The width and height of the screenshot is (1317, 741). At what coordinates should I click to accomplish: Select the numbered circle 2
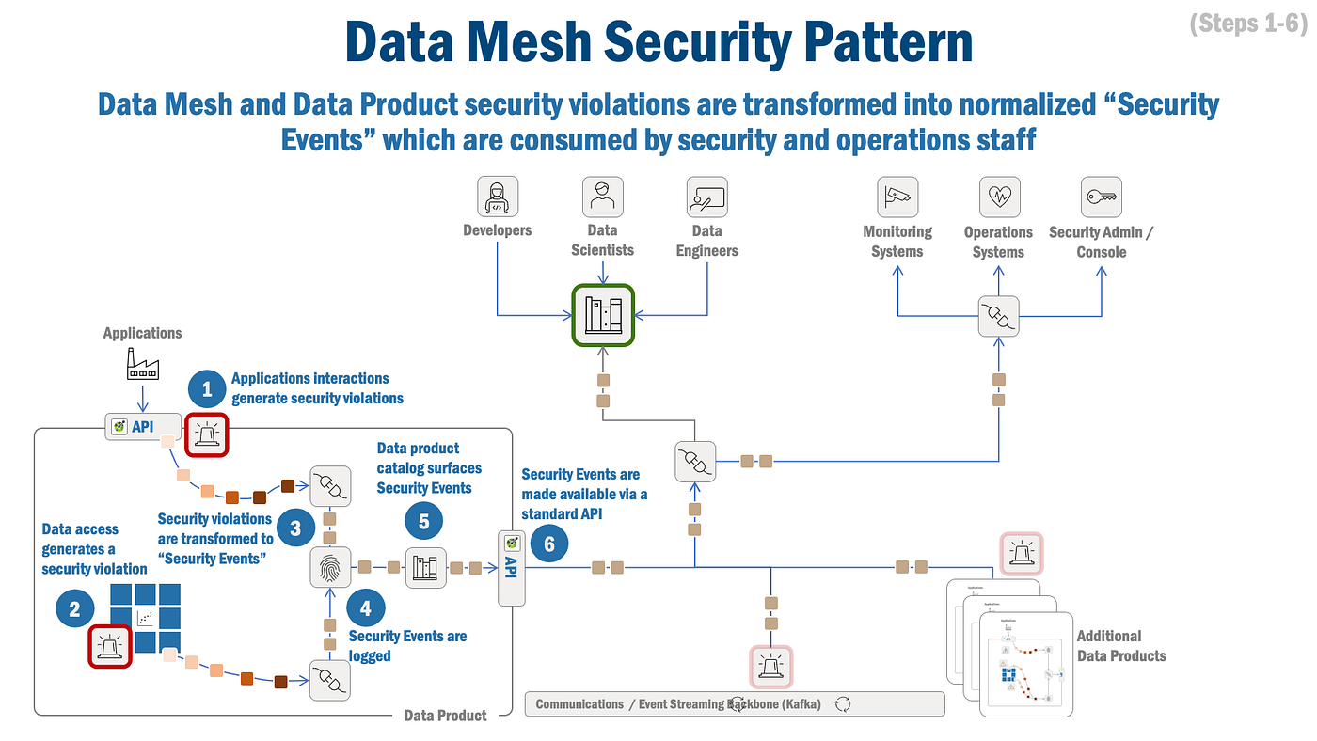(x=75, y=608)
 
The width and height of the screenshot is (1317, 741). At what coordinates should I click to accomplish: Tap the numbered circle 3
(x=295, y=528)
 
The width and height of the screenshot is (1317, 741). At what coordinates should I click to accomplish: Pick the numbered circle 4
(x=366, y=608)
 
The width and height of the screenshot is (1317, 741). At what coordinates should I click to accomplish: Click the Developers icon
(x=498, y=197)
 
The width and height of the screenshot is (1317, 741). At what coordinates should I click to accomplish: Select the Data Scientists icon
(x=602, y=197)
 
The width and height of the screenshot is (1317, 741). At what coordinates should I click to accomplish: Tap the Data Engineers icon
(x=707, y=197)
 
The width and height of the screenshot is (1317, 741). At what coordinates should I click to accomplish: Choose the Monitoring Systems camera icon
(x=897, y=197)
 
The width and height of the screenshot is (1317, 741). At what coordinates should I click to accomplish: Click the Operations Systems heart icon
(x=999, y=197)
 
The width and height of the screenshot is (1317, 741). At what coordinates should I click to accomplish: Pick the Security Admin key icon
(x=1101, y=197)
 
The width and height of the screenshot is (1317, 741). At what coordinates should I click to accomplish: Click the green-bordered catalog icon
(x=603, y=314)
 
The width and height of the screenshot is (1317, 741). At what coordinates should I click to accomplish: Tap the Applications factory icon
(x=143, y=363)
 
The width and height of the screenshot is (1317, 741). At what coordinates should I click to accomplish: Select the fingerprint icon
(x=330, y=567)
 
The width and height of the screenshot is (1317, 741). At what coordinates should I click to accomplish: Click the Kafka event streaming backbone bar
(x=734, y=704)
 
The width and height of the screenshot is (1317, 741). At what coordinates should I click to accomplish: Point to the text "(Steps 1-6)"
(x=1247, y=24)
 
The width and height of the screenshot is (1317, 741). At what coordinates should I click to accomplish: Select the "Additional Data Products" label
(x=1120, y=646)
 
